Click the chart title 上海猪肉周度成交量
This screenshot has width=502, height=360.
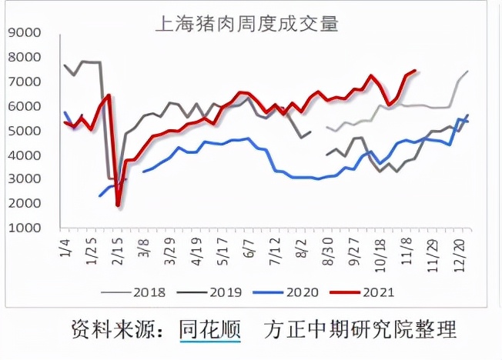pyautogui.click(x=246, y=23)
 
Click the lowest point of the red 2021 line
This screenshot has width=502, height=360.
pyautogui.click(x=118, y=205)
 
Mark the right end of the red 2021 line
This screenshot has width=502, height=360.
pyautogui.click(x=416, y=71)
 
